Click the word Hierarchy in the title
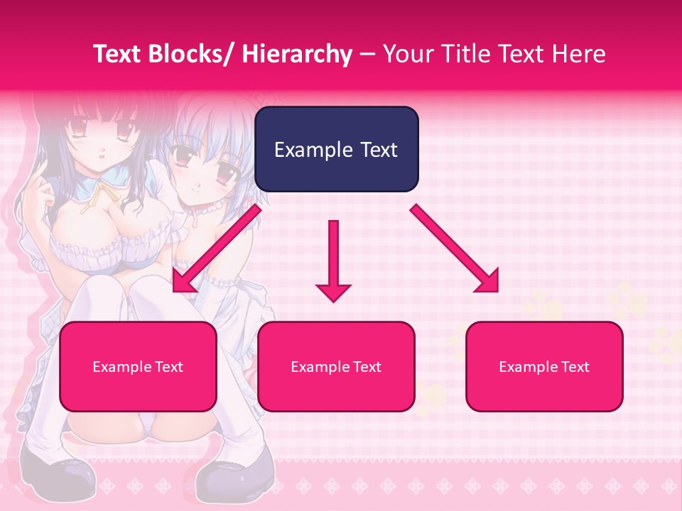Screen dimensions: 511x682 pos(297,54)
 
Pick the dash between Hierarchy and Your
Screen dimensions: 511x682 pos(367,55)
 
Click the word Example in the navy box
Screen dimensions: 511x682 pos(308,150)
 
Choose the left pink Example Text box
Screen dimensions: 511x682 pos(138,366)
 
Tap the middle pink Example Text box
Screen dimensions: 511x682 pos(336,366)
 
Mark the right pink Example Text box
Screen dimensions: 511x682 pos(544,366)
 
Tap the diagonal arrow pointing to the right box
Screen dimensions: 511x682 pos(455,248)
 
